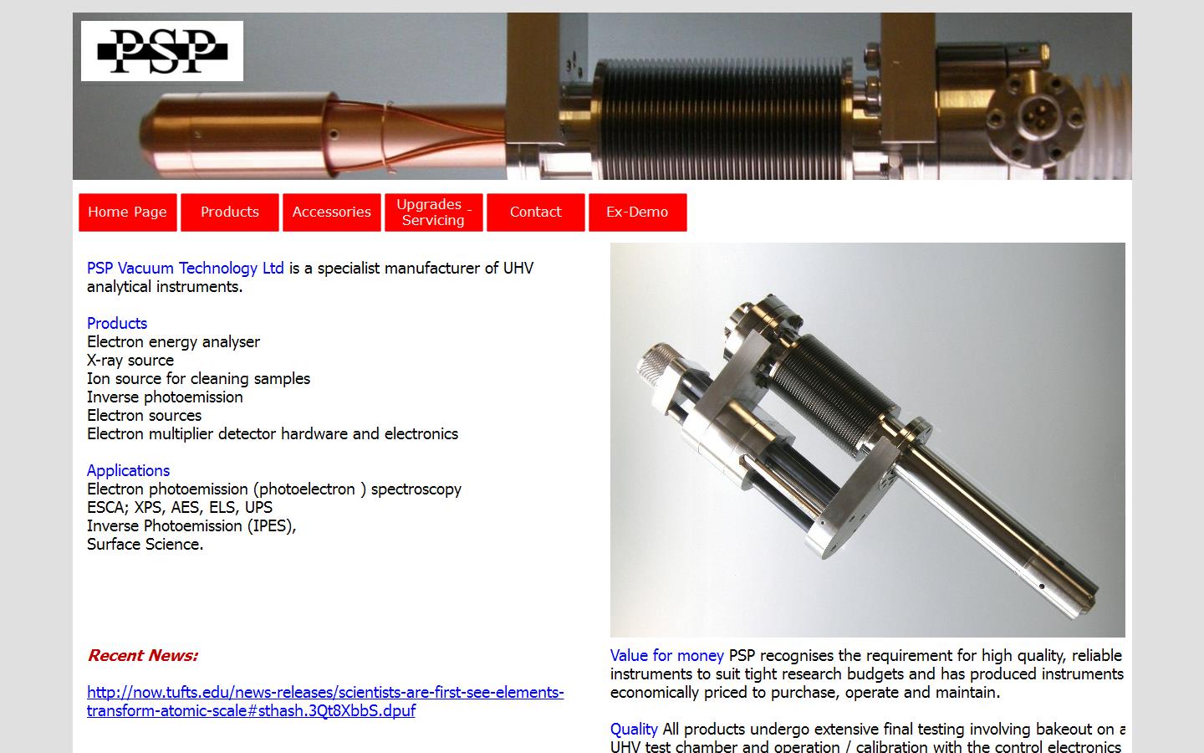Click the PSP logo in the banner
(x=162, y=51)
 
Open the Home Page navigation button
(x=128, y=213)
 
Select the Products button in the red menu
(x=230, y=213)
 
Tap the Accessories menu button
(x=332, y=213)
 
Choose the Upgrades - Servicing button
(x=433, y=213)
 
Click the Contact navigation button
(x=535, y=213)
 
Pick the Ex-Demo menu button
(x=637, y=213)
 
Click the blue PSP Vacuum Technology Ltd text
(x=185, y=269)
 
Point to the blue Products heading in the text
(x=117, y=324)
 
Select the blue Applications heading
(x=128, y=471)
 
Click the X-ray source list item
(x=130, y=361)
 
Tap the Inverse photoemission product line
(x=165, y=397)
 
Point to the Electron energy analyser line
(x=173, y=342)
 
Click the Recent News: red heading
(x=142, y=656)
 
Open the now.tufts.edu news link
(x=324, y=702)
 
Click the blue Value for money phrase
(x=666, y=656)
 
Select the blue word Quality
(x=634, y=730)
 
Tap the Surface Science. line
(x=145, y=545)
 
